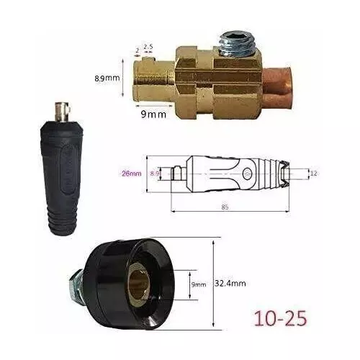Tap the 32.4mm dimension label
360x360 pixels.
tap(231, 284)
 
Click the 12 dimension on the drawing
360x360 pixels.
tap(314, 173)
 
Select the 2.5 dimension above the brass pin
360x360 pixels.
tap(149, 47)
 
